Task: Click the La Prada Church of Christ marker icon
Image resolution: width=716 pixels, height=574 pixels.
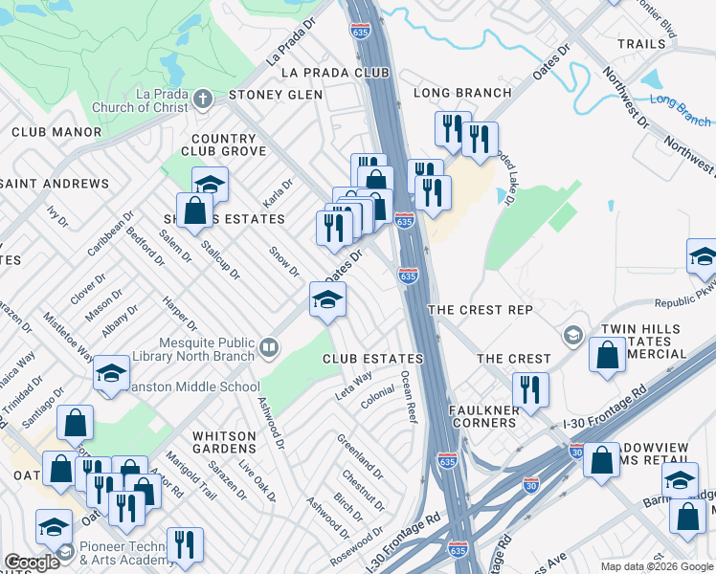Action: coord(202,99)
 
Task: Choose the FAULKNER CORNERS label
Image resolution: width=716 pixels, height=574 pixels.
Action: coord(483,417)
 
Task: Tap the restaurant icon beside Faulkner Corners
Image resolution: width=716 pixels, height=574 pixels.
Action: coord(530,388)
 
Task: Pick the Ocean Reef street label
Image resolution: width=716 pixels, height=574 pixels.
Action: coord(409,397)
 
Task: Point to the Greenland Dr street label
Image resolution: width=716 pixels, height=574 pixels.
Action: coord(360,456)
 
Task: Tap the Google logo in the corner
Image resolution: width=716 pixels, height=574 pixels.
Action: coord(33,563)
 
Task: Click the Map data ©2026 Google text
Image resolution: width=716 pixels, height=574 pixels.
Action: coord(656,566)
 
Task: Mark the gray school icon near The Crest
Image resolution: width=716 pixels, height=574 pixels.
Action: coord(572,335)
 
